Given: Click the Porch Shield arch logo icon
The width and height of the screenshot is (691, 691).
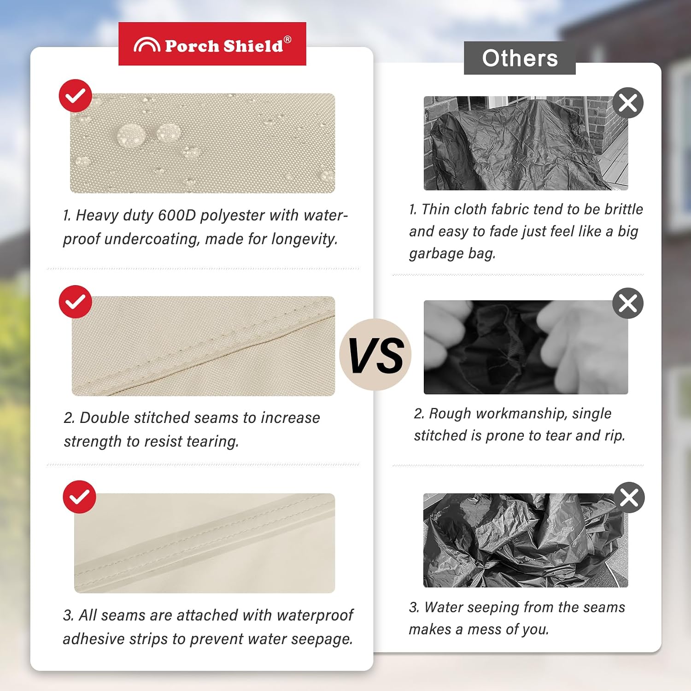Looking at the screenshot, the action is tap(147, 45).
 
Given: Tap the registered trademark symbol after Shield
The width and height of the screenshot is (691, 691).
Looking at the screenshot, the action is tap(287, 40).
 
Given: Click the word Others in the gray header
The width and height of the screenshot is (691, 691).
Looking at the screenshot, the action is tap(520, 58).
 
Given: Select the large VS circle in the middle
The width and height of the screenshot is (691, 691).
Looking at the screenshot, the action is tap(375, 355).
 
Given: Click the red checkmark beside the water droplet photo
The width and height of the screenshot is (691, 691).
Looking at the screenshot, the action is tap(76, 96).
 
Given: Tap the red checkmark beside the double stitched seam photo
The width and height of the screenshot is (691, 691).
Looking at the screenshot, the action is tap(76, 302).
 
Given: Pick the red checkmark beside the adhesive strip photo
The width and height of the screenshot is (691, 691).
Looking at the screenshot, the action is tap(79, 497).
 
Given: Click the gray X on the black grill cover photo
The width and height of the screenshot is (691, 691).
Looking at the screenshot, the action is tap(628, 103).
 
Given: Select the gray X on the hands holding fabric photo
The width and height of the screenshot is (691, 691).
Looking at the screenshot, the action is tap(628, 304).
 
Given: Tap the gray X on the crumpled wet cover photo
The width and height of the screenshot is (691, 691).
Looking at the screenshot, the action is tap(629, 498).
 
